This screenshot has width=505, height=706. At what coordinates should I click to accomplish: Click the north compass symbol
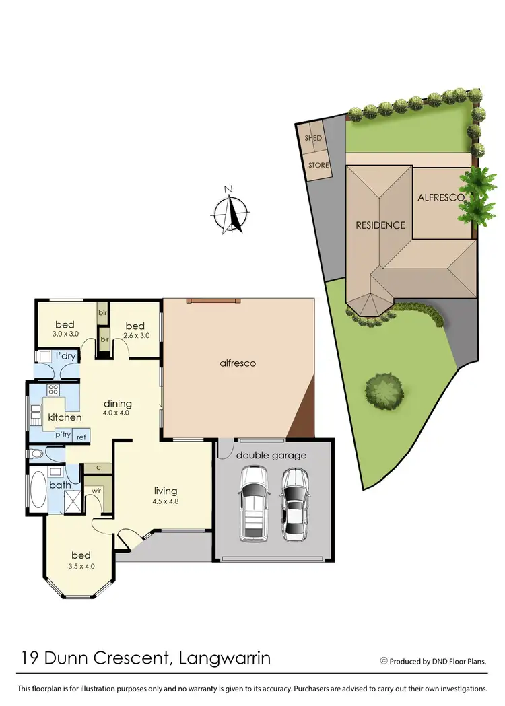click(x=229, y=211)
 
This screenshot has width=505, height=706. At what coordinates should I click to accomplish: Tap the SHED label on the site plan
click(x=313, y=138)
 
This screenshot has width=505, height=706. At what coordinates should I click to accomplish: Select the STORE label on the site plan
click(x=318, y=165)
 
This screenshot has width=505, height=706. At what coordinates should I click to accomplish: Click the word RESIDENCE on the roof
click(x=380, y=225)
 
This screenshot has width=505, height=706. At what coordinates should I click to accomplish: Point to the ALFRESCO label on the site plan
click(x=441, y=198)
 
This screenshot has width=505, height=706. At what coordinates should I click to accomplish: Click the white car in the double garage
click(x=254, y=505)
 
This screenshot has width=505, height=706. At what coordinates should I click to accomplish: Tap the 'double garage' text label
click(x=271, y=455)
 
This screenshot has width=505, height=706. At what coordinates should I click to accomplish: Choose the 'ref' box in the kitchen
click(x=81, y=437)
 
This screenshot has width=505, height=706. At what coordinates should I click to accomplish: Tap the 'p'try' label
click(x=63, y=435)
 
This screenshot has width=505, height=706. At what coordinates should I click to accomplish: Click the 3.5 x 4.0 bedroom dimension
click(x=81, y=567)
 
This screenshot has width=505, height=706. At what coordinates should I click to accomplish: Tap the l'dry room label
click(x=65, y=355)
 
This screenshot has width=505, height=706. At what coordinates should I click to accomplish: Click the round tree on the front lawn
click(x=384, y=389)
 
